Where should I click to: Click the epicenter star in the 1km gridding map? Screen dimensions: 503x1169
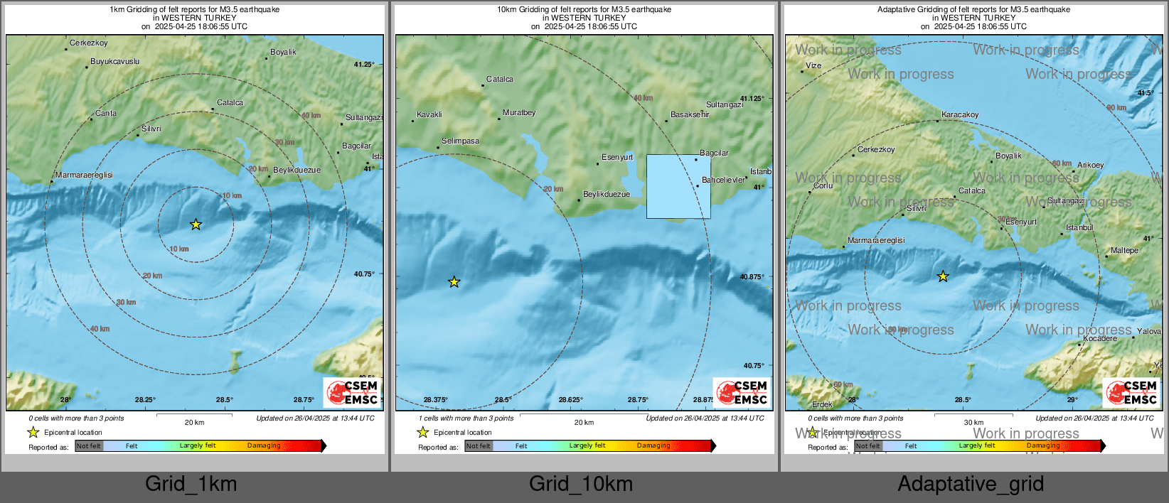click(x=196, y=225)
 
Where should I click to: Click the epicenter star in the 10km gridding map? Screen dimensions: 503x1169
click(x=454, y=282)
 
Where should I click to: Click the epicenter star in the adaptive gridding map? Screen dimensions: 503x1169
click(x=943, y=276)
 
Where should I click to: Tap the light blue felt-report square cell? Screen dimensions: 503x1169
click(x=678, y=186)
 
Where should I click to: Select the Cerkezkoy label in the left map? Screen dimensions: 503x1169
click(x=89, y=43)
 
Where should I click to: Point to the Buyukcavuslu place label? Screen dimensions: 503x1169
click(x=115, y=62)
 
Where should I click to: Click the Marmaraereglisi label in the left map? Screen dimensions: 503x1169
click(x=84, y=175)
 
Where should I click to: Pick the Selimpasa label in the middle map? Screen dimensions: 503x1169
click(x=460, y=141)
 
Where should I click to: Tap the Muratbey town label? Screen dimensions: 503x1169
click(x=519, y=113)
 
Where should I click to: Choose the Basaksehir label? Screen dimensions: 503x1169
click(x=690, y=114)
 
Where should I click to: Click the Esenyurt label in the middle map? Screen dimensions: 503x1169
click(x=617, y=158)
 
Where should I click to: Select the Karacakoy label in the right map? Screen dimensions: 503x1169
click(x=960, y=115)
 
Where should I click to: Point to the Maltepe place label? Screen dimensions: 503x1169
click(x=1124, y=251)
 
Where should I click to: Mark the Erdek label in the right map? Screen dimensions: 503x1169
click(x=822, y=404)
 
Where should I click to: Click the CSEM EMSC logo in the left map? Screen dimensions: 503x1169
click(x=352, y=392)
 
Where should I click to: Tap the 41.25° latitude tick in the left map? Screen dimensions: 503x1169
click(x=364, y=65)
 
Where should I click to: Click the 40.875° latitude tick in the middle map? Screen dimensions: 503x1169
click(x=752, y=277)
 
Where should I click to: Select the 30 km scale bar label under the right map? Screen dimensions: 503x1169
click(x=973, y=423)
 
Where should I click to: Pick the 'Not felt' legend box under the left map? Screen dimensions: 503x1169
click(x=89, y=446)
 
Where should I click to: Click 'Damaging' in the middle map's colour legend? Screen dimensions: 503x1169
click(x=653, y=446)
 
